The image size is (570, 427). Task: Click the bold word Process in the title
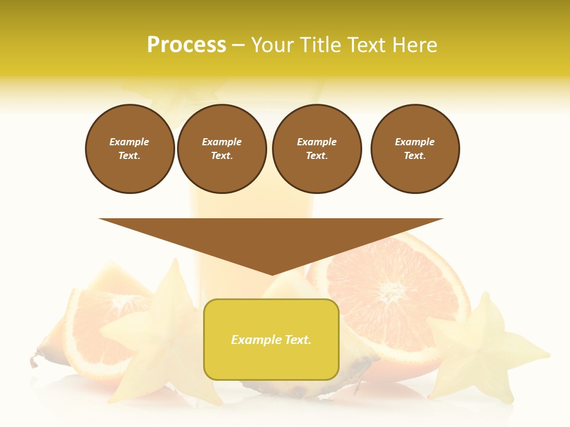(186, 45)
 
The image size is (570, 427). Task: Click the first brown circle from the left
(130, 149)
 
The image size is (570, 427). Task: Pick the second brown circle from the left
(222, 149)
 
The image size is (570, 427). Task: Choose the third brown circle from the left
(317, 149)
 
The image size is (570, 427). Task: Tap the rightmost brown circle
(415, 149)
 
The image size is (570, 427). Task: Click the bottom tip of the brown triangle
(272, 273)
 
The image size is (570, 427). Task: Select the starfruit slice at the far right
(484, 350)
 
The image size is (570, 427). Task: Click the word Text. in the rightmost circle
(415, 156)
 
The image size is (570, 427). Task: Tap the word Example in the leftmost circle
(129, 142)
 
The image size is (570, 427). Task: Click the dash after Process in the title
(238, 45)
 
